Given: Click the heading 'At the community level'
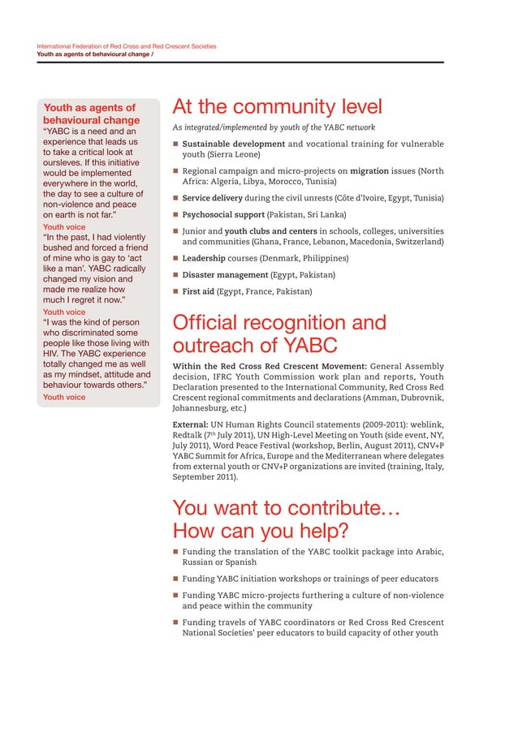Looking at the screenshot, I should click(x=277, y=108).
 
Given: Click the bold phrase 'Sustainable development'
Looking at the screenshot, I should click(x=233, y=144).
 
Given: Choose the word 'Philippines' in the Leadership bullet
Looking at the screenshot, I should click(x=321, y=258).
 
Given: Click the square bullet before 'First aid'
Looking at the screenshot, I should click(x=175, y=292).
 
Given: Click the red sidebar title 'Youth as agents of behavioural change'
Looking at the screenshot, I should click(x=91, y=114).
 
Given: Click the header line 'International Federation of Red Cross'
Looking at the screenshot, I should click(x=127, y=46).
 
